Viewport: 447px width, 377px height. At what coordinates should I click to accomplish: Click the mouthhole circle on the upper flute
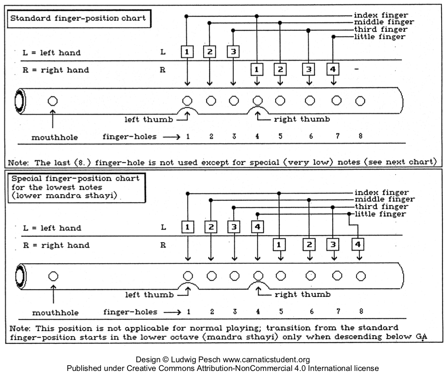[x=53, y=101]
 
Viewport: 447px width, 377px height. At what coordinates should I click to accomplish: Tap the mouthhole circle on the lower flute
[x=53, y=276]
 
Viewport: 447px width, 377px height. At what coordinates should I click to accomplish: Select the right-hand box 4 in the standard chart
[x=333, y=69]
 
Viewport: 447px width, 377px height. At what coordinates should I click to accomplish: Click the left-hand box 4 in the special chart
[x=257, y=227]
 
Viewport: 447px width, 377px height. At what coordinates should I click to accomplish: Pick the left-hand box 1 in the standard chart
[x=187, y=52]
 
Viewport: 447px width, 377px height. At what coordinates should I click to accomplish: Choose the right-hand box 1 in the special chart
[x=279, y=245]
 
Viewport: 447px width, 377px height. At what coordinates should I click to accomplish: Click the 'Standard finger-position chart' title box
[x=78, y=18]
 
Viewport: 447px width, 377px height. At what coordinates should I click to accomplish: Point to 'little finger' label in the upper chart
[x=379, y=37]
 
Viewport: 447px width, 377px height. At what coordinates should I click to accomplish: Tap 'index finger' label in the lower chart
[x=381, y=193]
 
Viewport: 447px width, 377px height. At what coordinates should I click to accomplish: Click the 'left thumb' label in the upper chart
[x=149, y=120]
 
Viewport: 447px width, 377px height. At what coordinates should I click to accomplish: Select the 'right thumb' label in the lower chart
[x=302, y=294]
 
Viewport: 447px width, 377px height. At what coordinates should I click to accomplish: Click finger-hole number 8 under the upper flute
[x=360, y=136]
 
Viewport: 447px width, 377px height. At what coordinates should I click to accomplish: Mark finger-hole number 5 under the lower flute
[x=281, y=312]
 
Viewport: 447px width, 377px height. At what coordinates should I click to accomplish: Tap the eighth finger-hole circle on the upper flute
[x=360, y=101]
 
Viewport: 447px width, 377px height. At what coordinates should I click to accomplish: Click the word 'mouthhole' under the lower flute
[x=55, y=313]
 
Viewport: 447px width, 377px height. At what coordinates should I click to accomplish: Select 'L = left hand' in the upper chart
[x=52, y=53]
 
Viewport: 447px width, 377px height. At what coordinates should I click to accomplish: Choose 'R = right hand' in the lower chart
[x=56, y=245]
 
